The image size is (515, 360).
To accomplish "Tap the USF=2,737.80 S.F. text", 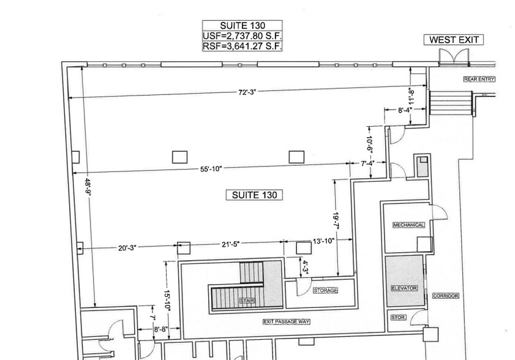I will pos(242,36).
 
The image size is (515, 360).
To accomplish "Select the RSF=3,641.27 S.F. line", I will pos(242,46).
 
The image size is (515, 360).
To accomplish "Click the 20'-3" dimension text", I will pos(127,248).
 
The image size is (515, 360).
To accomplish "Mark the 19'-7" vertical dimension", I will pos(335,219).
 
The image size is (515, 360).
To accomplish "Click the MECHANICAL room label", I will pos(408,225).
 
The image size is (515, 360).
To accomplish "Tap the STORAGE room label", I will pos(325,290).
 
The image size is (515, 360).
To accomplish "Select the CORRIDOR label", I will pos(445,296).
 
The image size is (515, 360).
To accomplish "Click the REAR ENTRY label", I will pos(479,79).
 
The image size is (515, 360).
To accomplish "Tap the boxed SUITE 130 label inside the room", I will pos(254,195).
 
